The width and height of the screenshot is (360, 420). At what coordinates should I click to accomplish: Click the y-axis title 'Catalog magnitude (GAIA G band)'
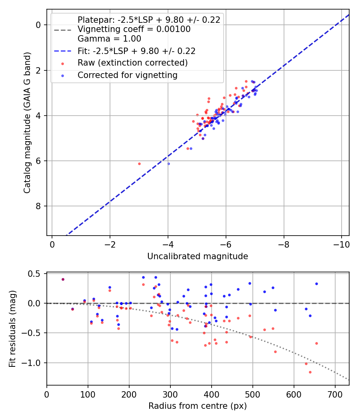(27, 123)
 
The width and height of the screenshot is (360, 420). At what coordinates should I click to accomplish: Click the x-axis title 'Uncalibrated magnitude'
(198, 256)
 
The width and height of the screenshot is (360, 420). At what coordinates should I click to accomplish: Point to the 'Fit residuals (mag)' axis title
(12, 329)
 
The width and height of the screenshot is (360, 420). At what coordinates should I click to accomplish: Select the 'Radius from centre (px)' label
(198, 406)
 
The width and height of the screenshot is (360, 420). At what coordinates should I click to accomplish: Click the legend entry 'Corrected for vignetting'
(128, 75)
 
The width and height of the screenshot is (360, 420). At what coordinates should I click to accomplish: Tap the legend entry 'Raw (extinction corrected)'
(132, 63)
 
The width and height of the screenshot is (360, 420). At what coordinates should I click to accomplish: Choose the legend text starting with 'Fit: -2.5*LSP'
(137, 51)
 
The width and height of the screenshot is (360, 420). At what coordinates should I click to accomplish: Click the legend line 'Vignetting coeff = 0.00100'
(134, 29)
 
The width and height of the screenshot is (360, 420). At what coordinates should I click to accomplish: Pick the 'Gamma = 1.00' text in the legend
(109, 38)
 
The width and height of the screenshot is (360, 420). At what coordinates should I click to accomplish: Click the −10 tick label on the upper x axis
(341, 244)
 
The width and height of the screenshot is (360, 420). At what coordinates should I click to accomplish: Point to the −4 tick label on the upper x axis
(168, 244)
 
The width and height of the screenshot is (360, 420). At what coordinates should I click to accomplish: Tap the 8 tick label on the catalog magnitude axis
(38, 206)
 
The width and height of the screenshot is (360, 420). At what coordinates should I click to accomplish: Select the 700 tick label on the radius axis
(335, 394)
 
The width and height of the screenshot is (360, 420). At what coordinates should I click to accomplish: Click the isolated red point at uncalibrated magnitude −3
(139, 164)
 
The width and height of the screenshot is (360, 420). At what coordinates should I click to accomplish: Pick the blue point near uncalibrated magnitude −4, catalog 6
(168, 164)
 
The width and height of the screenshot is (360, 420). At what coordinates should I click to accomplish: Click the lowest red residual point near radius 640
(310, 372)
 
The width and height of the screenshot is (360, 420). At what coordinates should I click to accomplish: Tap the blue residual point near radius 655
(317, 284)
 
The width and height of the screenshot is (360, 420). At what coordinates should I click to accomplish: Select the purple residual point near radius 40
(63, 279)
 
